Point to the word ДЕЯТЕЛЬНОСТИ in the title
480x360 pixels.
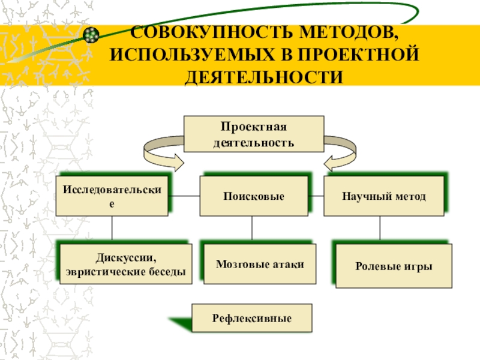click(263, 77)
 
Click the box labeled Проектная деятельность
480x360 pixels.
click(254, 134)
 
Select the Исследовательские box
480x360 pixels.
click(112, 196)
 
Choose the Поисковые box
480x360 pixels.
click(254, 196)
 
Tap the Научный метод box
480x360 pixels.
click(384, 196)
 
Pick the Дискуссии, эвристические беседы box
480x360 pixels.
click(126, 264)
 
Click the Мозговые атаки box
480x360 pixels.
click(260, 264)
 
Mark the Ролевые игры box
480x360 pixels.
click(394, 266)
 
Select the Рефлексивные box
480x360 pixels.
click(252, 318)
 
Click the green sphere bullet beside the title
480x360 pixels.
click(91, 35)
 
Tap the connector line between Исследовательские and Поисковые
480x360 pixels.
click(184, 196)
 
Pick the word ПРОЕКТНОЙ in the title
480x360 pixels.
click(358, 55)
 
